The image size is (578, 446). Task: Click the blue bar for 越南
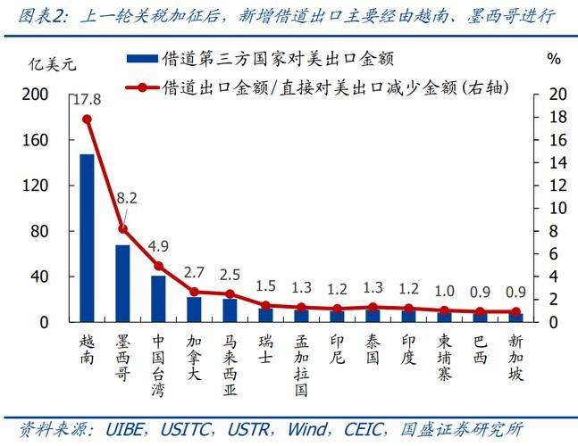(x=87, y=237)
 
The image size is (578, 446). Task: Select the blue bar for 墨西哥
(x=122, y=283)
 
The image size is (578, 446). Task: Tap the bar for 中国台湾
(x=158, y=298)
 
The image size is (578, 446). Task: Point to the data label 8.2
(x=127, y=197)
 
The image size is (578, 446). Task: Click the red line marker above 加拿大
(x=194, y=291)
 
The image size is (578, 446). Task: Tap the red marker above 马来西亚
(x=230, y=293)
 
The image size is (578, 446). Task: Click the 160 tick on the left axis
(x=35, y=140)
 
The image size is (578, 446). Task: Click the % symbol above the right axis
(x=554, y=59)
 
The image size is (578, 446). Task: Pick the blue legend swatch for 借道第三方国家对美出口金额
(x=141, y=58)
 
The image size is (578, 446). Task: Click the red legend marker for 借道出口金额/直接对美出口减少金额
(x=141, y=87)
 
